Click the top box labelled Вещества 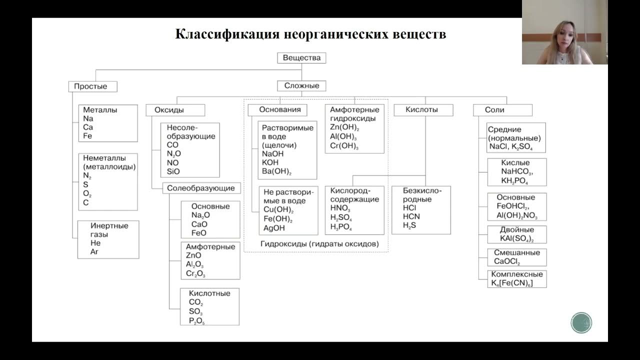pyautogui.click(x=301, y=57)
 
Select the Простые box pyautogui.click(x=93, y=86)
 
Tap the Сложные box pyautogui.click(x=301, y=85)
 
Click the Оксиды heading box pyautogui.click(x=175, y=110)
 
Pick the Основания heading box pyautogui.click(x=280, y=109)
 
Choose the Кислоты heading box pyautogui.click(x=422, y=109)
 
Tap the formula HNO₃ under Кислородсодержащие pyautogui.click(x=340, y=208)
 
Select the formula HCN pyautogui.click(x=411, y=216)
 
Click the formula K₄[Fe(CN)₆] pyautogui.click(x=512, y=283)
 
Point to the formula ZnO pyautogui.click(x=193, y=255)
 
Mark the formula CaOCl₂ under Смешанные pyautogui.click(x=507, y=261)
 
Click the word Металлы pyautogui.click(x=100, y=110)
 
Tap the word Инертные pyautogui.click(x=109, y=226)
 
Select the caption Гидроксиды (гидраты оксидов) pyautogui.click(x=319, y=244)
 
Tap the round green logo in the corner pyautogui.click(x=581, y=322)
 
